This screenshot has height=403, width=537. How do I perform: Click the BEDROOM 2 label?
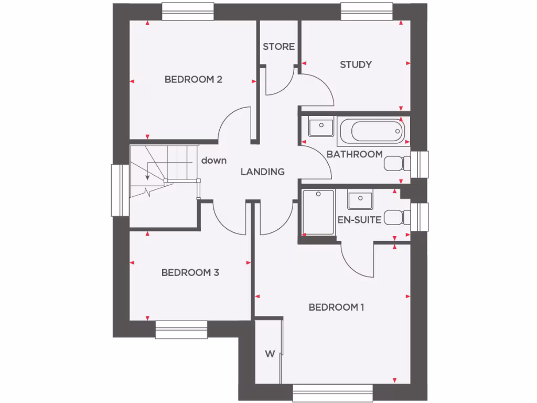pyautogui.click(x=194, y=80)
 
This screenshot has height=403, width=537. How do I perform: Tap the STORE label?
pyautogui.click(x=278, y=47)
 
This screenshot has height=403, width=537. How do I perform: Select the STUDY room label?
pyautogui.click(x=356, y=65)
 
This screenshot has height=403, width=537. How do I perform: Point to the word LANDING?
pyautogui.click(x=262, y=172)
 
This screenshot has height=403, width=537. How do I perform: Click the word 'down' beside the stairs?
pyautogui.click(x=214, y=160)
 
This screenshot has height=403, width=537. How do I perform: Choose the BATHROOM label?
pyautogui.click(x=355, y=154)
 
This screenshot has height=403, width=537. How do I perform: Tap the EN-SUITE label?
pyautogui.click(x=359, y=220)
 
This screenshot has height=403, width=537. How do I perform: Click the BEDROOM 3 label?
pyautogui.click(x=190, y=273)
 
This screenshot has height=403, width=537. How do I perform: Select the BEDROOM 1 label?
pyautogui.click(x=336, y=307)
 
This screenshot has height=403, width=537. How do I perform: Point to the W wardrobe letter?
pyautogui.click(x=269, y=354)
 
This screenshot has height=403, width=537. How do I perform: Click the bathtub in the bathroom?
pyautogui.click(x=371, y=131)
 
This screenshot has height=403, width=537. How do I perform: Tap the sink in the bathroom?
pyautogui.click(x=320, y=126)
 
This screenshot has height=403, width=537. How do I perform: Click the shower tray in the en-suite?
pyautogui.click(x=318, y=213)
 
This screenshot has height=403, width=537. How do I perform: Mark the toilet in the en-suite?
pyautogui.click(x=397, y=218)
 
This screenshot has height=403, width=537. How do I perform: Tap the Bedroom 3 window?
pyautogui.click(x=181, y=330)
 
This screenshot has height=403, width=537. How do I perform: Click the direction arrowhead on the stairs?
pyautogui.click(x=148, y=177)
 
